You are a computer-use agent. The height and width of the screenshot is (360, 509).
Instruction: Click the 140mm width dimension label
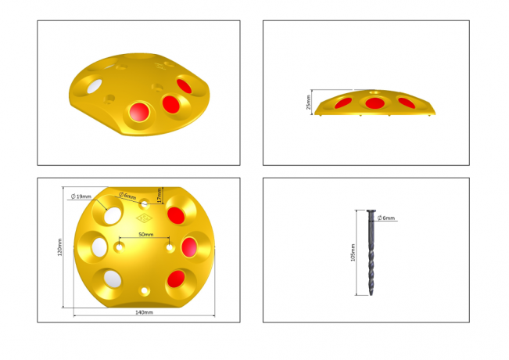pos(144,312)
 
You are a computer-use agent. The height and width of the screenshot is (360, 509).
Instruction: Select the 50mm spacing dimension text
pos(145,234)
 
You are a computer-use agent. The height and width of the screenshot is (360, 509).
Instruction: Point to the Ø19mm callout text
pos(81,196)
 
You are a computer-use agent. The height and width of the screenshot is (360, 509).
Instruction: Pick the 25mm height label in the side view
pos(309,103)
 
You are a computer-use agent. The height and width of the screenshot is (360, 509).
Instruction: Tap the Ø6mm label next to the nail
pos(385,218)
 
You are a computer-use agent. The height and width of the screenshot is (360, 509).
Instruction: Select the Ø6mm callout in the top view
pos(127,196)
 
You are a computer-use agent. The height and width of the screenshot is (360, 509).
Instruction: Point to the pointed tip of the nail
pos(371,295)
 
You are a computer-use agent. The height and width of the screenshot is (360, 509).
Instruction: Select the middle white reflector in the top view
pos(99,247)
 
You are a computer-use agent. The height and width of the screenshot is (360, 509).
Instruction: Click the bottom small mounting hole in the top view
pos(144,290)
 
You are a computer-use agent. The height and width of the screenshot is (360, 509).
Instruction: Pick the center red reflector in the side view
pos(375,103)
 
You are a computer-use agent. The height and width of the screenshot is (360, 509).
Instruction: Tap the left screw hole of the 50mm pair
pos(119,247)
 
